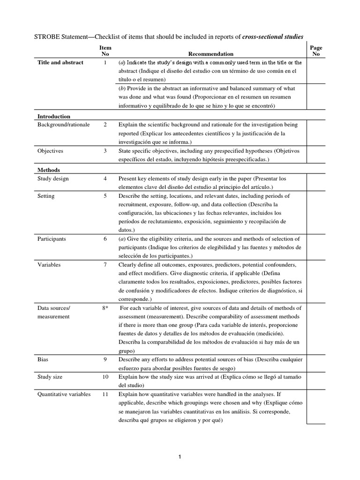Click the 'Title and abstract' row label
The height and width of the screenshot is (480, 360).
tap(60, 62)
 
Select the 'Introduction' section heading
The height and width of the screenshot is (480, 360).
tap(54, 116)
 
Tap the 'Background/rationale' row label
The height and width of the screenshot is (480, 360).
tap(63, 125)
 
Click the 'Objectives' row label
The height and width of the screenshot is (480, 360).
tap(50, 151)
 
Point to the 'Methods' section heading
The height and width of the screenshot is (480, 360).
tap(48, 170)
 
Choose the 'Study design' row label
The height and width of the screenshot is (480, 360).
tap(53, 179)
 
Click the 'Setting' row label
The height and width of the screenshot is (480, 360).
tap(46, 196)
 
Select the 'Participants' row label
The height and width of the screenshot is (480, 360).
tap(52, 239)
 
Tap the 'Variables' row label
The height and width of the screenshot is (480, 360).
tap(49, 265)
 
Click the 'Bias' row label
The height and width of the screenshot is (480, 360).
tap(43, 360)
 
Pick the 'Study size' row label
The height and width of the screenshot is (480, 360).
tap(50, 376)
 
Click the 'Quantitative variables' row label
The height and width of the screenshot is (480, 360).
tap(64, 394)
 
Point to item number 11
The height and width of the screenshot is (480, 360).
tap(105, 394)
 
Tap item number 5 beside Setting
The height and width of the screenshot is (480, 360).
tap(105, 196)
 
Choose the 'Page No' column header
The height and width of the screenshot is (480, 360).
tap(316, 51)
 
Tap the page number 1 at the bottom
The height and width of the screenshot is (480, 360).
tap(180, 458)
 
